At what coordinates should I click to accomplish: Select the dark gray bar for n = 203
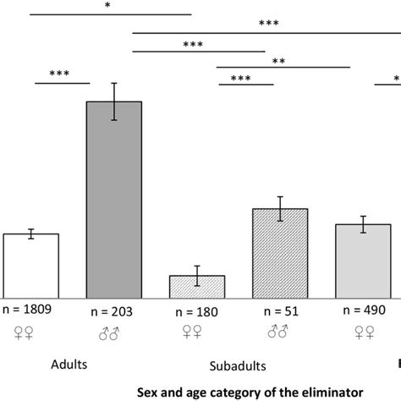click(114, 199)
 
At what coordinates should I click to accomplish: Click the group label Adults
click(69, 364)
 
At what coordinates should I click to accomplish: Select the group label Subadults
click(238, 366)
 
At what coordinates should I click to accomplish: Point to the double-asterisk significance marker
click(277, 60)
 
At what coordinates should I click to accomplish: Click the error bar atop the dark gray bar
click(114, 102)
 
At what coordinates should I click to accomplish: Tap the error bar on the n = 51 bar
click(280, 209)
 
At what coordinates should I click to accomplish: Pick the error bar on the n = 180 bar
click(197, 275)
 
